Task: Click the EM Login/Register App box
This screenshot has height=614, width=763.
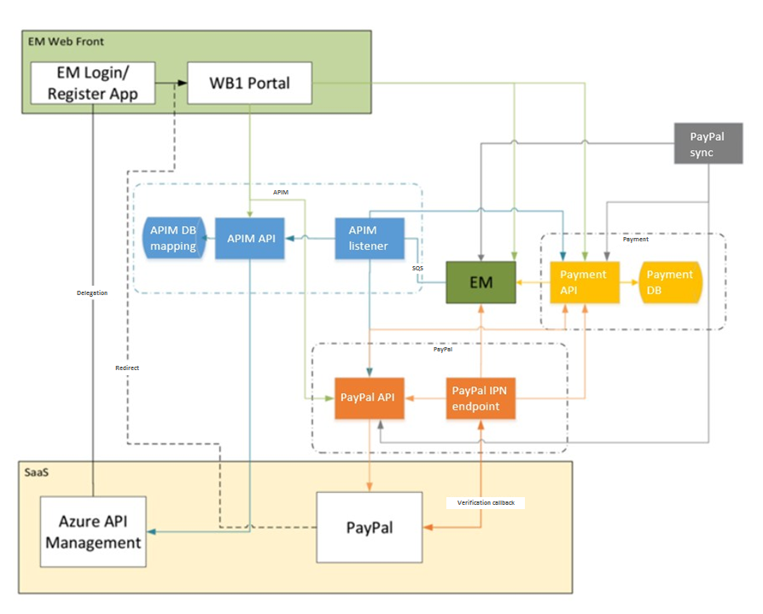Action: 93,83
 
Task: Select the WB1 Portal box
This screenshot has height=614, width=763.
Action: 249,83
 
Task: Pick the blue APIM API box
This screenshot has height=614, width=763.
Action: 249,239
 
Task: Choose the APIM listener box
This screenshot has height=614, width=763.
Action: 368,239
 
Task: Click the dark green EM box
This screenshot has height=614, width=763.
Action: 481,282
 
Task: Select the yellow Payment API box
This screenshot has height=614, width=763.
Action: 584,282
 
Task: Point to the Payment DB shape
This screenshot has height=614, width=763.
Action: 670,282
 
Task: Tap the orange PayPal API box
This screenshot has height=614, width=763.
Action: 370,397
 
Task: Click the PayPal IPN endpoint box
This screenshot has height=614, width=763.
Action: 481,397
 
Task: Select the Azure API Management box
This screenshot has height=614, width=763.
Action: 93,530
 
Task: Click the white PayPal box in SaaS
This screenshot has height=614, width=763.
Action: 370,527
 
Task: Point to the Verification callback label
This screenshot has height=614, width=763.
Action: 485,503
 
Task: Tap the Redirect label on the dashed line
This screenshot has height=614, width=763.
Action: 127,368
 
